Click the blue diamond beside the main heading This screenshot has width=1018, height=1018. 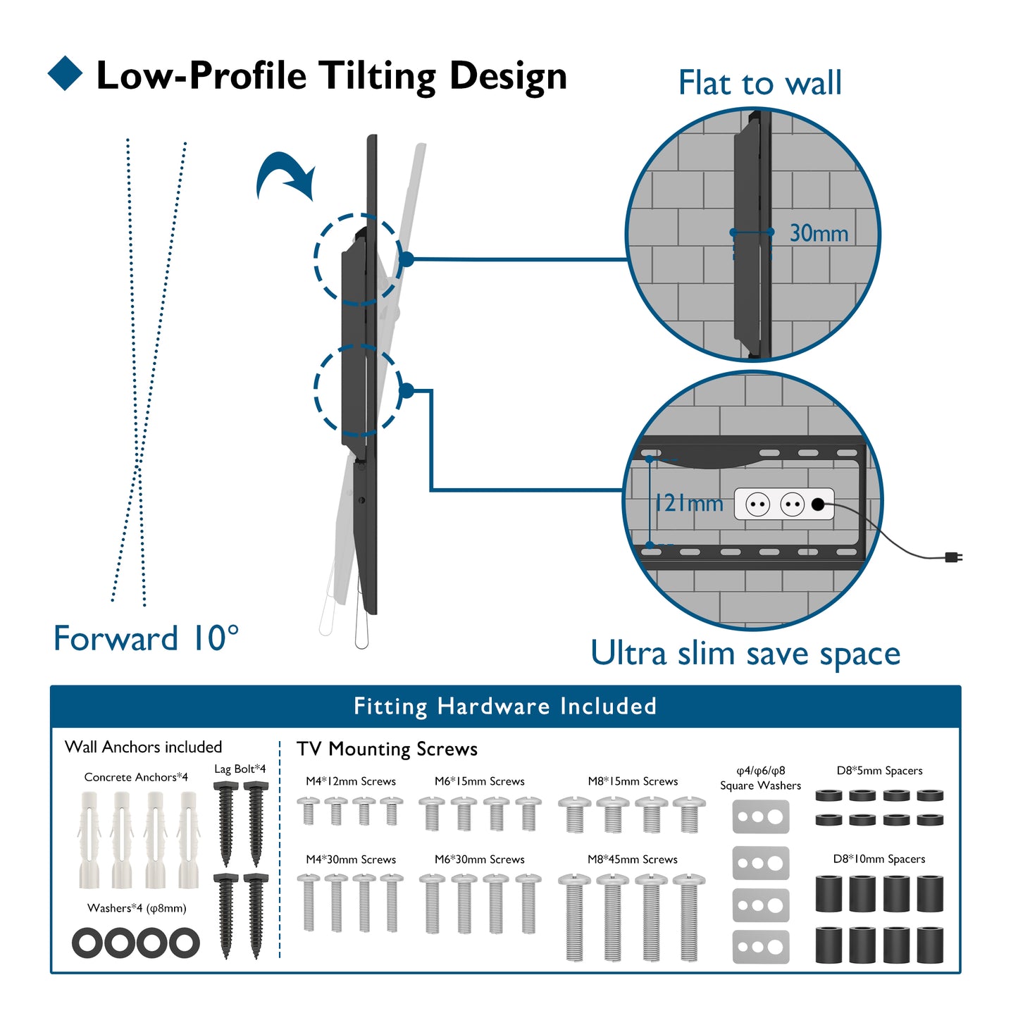point(66,73)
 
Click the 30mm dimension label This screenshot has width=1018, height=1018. point(819,233)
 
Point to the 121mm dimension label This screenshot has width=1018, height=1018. point(689,503)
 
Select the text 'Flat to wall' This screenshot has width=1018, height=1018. point(759,83)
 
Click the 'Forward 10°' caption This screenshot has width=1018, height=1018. point(146,638)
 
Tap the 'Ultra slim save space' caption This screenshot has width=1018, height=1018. point(745,653)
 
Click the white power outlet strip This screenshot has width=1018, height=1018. point(784,504)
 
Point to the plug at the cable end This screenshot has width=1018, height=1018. point(954,557)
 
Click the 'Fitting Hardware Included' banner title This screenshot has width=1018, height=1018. point(505,706)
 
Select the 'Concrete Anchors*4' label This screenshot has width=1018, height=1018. point(136,777)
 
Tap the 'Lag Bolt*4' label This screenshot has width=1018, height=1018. point(240,769)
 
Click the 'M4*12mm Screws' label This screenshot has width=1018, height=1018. point(351,781)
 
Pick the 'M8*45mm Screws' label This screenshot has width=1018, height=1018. point(633,859)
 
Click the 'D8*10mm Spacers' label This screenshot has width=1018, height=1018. point(879,859)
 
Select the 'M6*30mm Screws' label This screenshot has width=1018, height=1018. point(480,859)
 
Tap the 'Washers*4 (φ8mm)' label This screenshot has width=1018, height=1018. point(137,908)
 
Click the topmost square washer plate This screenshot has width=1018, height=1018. point(761,817)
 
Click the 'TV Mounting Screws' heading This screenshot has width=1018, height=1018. point(387,749)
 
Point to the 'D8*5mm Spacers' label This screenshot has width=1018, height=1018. point(879,771)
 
